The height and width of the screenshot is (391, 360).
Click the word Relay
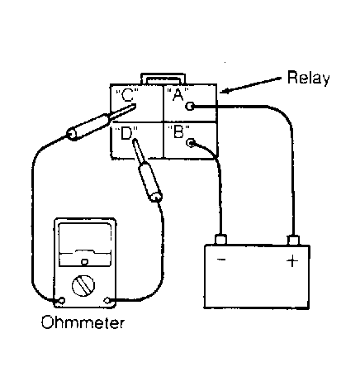(x=308, y=79)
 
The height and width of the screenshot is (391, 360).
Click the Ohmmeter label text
(x=83, y=322)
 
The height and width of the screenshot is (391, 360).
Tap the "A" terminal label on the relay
(x=178, y=95)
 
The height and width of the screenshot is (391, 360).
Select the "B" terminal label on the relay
(x=178, y=131)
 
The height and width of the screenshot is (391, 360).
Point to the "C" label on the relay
(x=127, y=95)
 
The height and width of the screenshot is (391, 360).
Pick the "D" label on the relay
(x=126, y=133)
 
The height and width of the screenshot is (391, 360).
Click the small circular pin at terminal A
(x=190, y=106)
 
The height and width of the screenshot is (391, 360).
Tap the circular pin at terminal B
(x=191, y=142)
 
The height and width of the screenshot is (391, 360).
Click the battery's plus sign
(x=292, y=260)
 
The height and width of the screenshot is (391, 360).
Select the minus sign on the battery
(x=221, y=260)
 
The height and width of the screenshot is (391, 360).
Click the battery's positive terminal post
(x=293, y=240)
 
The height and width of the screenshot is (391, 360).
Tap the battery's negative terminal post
(x=220, y=239)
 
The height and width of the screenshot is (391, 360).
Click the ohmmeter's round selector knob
(x=83, y=286)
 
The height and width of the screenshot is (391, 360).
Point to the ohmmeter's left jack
(x=62, y=300)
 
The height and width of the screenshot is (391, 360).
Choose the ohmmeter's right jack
(x=107, y=300)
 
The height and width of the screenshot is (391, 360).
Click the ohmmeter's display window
(x=85, y=245)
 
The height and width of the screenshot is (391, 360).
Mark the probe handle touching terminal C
(x=88, y=126)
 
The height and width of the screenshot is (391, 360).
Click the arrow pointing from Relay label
(x=251, y=84)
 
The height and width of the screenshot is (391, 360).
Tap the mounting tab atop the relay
(x=163, y=79)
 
